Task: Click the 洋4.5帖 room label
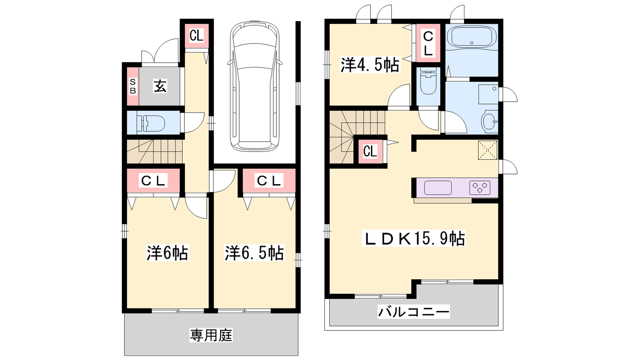coord(370,65)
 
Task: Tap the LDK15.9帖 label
coord(414,238)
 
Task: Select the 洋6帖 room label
coord(167,252)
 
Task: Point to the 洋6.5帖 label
coord(254,252)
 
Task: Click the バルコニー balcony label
coord(414,312)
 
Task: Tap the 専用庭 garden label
coord(211,335)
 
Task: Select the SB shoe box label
coord(133,86)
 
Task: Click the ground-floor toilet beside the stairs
coord(151,123)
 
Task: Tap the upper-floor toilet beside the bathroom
coord(428,82)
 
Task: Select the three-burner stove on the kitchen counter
coord(480,188)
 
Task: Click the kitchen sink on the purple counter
coord(438,188)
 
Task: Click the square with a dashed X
coord(488,150)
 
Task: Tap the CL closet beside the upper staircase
coord(370,152)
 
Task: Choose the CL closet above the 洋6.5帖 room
coord(269,180)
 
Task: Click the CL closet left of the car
coord(196,36)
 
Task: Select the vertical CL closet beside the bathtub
coord(428,43)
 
